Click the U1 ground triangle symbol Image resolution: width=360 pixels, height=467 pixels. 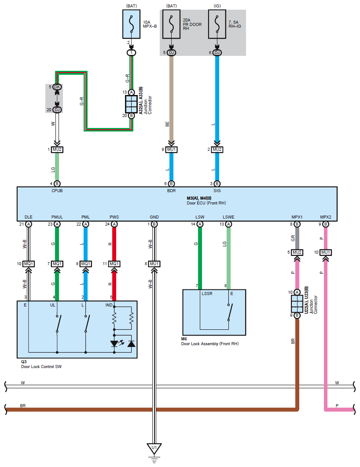coord(154,449)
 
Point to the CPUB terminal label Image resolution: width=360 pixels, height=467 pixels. coord(57,191)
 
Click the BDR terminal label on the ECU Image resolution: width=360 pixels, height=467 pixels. coord(171,191)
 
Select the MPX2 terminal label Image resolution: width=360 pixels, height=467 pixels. coord(326,217)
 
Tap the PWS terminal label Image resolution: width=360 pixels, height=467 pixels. coord(114,217)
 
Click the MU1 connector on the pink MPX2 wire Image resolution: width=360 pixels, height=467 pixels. coord(326,252)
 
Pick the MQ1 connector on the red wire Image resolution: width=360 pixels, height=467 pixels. coord(114,264)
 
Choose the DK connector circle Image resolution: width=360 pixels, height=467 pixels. coord(57,87)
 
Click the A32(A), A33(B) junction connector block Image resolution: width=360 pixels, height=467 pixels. coord(131,104)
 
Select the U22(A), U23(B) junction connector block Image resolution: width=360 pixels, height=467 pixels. coord(297,303)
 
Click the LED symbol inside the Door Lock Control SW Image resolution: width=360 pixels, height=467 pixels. coord(116,343)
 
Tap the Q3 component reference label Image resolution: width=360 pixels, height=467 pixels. coord(24,361)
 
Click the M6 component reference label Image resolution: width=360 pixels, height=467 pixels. coord(184,339)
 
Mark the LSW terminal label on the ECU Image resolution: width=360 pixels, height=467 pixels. coord(200,217)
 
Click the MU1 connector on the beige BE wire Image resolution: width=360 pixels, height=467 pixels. coord(171,150)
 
